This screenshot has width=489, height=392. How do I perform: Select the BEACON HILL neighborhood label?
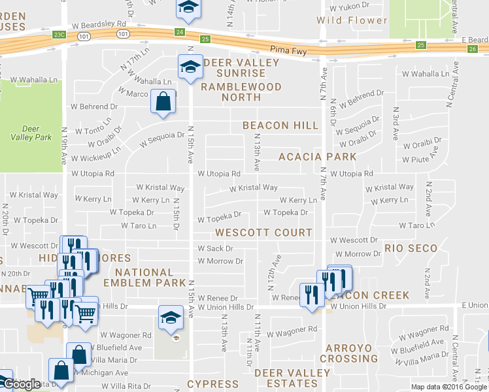[x=280, y=125]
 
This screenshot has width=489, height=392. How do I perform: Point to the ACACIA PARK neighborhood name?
[x=318, y=157]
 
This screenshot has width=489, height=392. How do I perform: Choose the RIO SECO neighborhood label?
[x=411, y=248]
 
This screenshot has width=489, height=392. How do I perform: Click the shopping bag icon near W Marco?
[x=162, y=102]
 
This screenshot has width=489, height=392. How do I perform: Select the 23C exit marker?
[x=59, y=33]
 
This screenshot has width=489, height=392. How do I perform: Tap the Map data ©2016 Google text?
[x=448, y=387]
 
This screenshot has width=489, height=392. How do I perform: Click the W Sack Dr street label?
[x=215, y=248]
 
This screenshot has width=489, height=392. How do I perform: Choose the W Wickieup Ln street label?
[x=96, y=158]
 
